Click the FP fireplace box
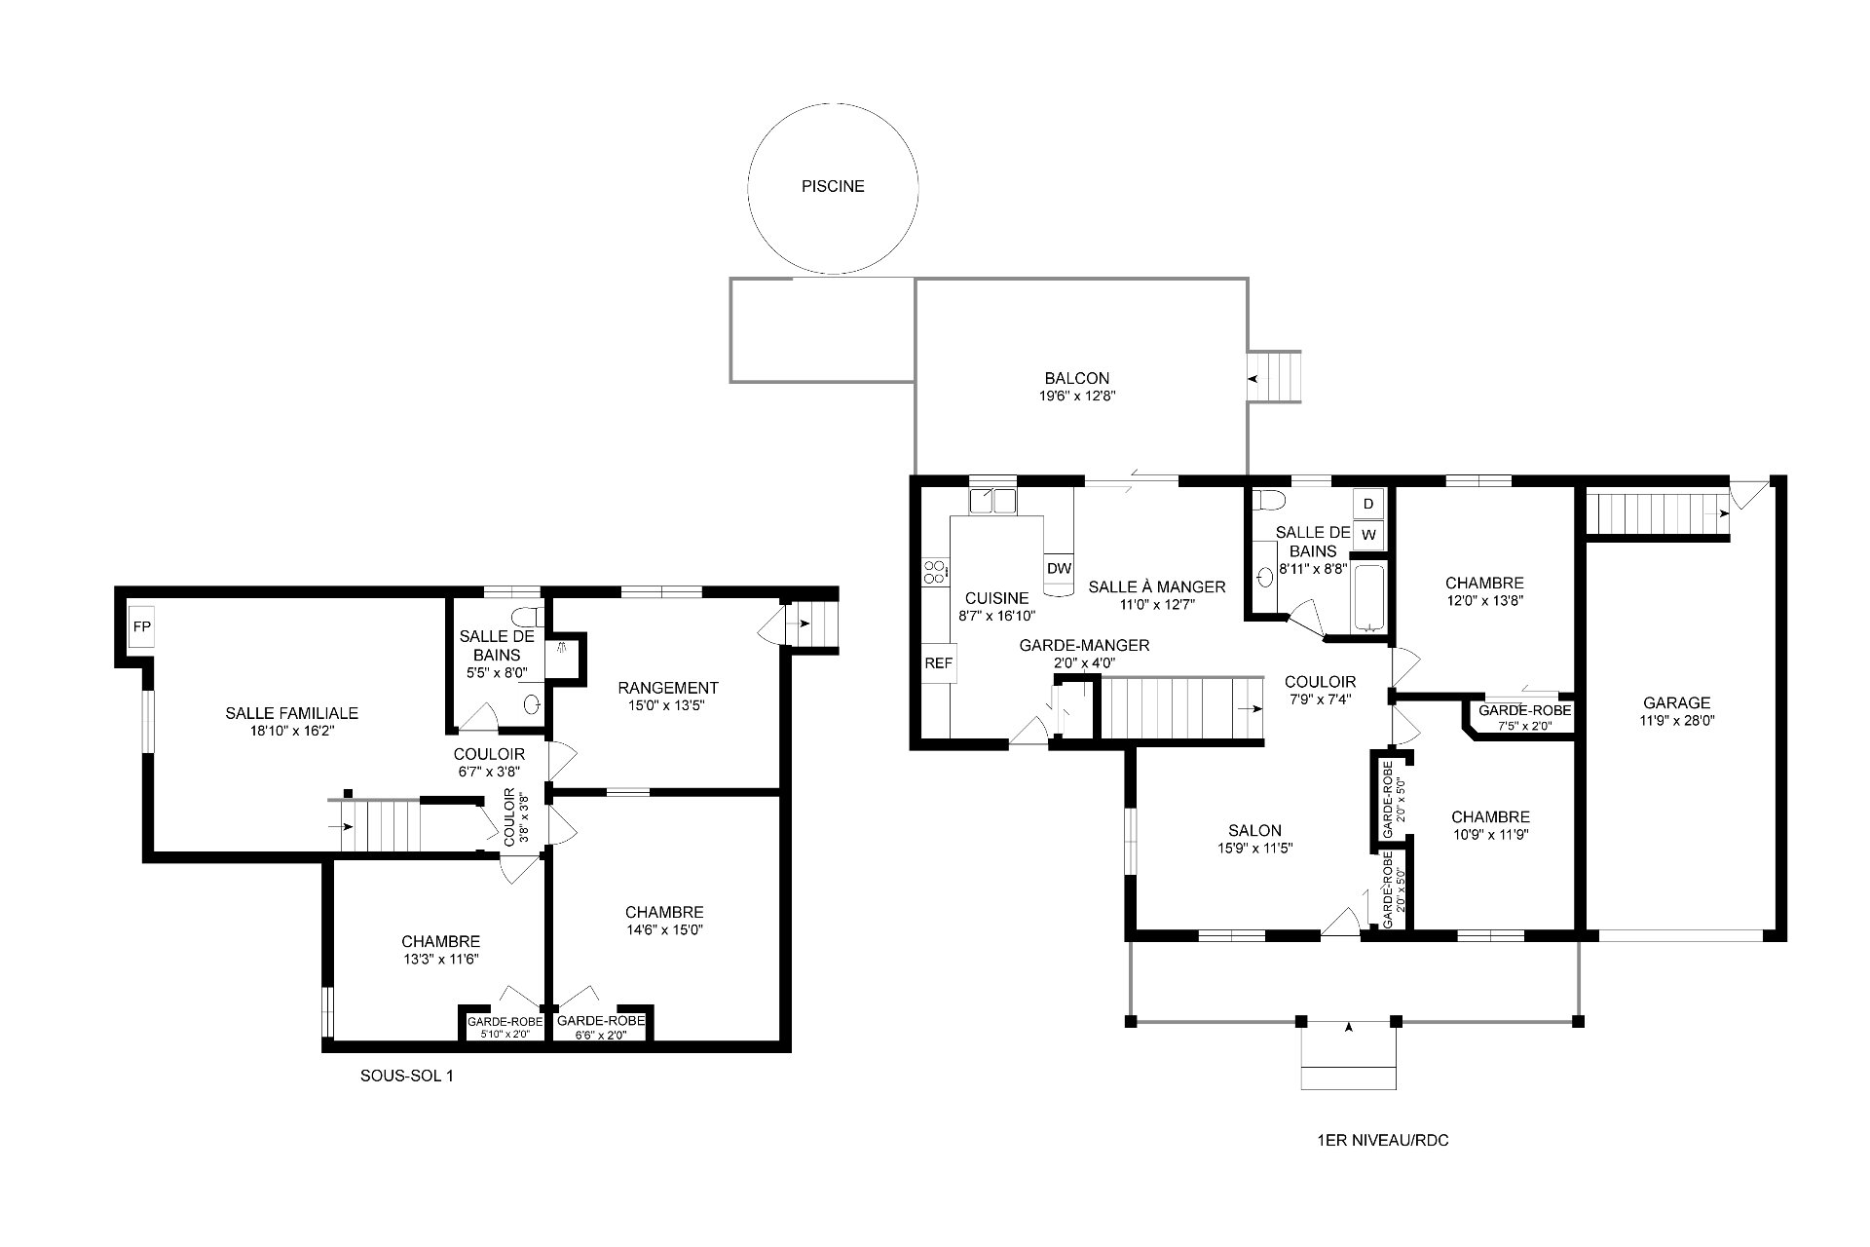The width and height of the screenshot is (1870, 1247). [x=142, y=626]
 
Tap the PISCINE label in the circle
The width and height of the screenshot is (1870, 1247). [x=833, y=186]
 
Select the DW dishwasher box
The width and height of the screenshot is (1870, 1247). [x=1059, y=568]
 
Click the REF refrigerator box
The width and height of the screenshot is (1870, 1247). [x=939, y=663]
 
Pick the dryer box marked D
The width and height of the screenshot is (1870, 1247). [x=1368, y=504]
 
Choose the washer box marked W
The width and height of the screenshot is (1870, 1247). [x=1368, y=535]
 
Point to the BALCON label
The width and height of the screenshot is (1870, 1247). [x=1076, y=378]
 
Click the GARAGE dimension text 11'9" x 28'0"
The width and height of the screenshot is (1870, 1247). [x=1677, y=721]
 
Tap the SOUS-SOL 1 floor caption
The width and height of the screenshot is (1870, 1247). [x=407, y=1077]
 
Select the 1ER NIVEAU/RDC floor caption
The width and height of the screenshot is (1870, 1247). [x=1382, y=1140]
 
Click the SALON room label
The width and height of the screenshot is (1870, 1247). [x=1254, y=830]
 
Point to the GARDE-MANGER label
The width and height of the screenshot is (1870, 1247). [x=1084, y=645]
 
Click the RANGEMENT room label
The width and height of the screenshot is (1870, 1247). [x=668, y=688]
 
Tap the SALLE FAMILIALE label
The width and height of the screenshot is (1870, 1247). [x=292, y=713]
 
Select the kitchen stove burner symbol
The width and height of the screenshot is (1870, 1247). [x=935, y=572]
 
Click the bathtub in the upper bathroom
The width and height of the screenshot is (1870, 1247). [x=1368, y=596]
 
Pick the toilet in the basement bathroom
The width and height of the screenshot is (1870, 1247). [x=531, y=615]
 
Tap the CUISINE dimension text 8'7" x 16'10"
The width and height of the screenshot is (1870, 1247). [x=996, y=616]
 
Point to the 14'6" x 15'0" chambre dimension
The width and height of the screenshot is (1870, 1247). [x=664, y=929]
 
